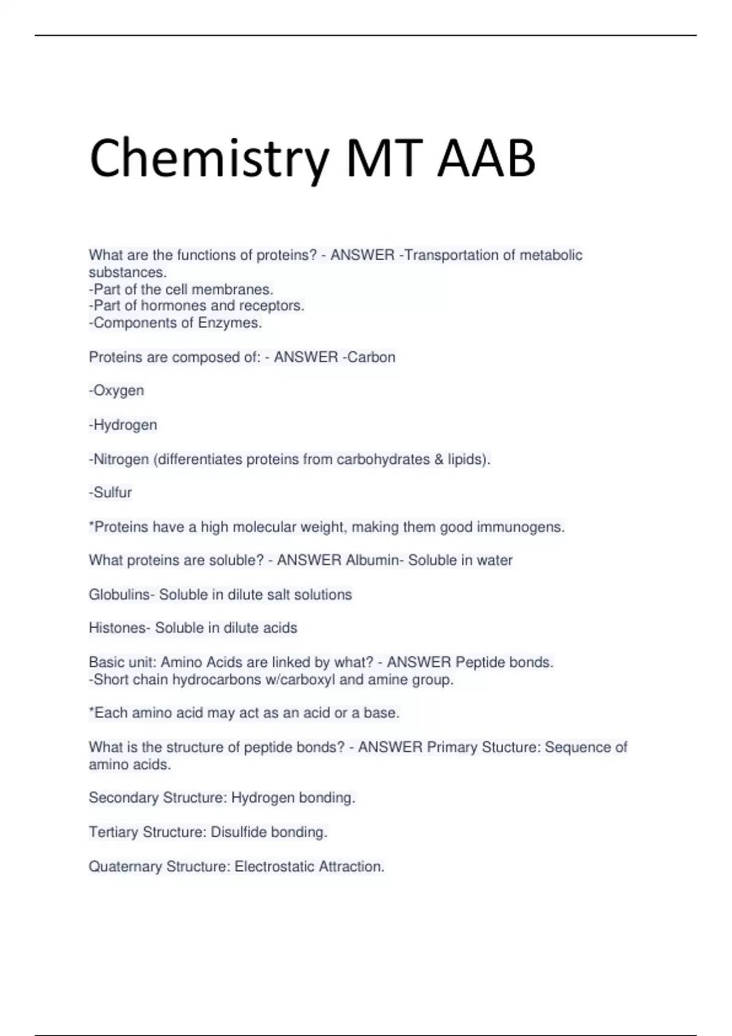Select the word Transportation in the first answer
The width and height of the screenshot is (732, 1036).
(x=452, y=255)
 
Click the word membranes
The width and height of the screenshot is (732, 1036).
(x=240, y=289)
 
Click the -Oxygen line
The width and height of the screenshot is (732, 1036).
(x=117, y=391)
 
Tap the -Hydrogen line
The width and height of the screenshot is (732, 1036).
(x=123, y=425)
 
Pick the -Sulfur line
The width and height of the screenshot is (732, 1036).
(x=110, y=492)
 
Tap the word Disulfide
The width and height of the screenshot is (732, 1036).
(x=239, y=832)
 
